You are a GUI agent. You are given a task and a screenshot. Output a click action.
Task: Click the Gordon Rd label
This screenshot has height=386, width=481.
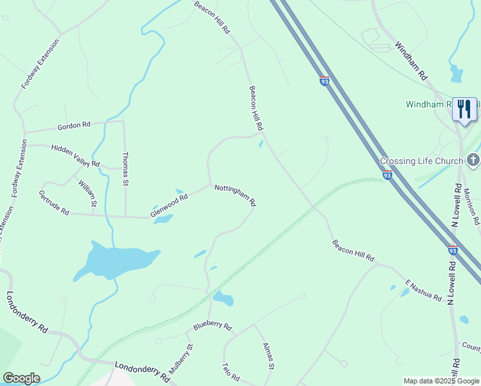click(x=74, y=125)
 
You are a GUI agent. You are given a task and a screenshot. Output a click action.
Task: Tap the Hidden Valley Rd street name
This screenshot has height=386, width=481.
click(x=75, y=156)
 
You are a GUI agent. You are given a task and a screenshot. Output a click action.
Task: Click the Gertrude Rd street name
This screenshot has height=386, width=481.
click(x=53, y=203)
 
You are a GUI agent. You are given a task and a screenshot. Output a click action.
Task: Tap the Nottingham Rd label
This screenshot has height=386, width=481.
click(x=235, y=195)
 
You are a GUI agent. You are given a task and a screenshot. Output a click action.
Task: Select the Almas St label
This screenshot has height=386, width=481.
click(x=269, y=356)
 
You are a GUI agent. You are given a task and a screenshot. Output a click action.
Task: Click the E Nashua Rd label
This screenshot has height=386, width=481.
click(x=423, y=291)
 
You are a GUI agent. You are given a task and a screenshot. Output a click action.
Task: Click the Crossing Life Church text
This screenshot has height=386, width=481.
click(x=421, y=161)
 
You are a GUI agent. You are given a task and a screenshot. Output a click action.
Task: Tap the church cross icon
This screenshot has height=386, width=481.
click(x=473, y=160)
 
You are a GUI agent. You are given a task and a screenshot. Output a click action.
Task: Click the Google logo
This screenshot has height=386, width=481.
click(x=21, y=378)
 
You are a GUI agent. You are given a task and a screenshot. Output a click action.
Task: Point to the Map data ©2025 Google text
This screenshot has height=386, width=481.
click(x=441, y=381)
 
